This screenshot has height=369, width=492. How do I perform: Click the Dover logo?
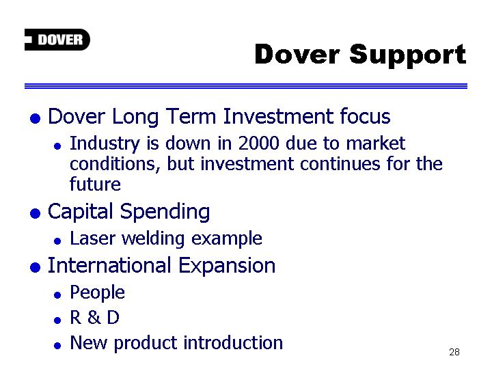[57, 40]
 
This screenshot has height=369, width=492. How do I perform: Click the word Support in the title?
[407, 55]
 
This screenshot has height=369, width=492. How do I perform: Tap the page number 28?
[454, 352]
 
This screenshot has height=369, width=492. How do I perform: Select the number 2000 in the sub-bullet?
[258, 143]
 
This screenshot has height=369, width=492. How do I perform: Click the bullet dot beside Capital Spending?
[35, 213]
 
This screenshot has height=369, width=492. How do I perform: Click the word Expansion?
[227, 266]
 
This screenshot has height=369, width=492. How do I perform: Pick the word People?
[97, 293]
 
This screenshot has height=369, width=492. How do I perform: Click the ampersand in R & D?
[94, 317]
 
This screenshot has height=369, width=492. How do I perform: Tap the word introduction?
[233, 342]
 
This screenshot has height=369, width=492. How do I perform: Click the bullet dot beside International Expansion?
[35, 268]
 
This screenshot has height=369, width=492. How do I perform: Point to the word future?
[95, 184]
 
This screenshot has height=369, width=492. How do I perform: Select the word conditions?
[115, 164]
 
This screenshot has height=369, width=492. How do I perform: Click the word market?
[376, 143]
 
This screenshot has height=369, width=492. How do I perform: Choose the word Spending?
[165, 212]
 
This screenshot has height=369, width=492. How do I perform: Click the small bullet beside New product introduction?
[57, 346]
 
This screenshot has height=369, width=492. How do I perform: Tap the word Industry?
[105, 144]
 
